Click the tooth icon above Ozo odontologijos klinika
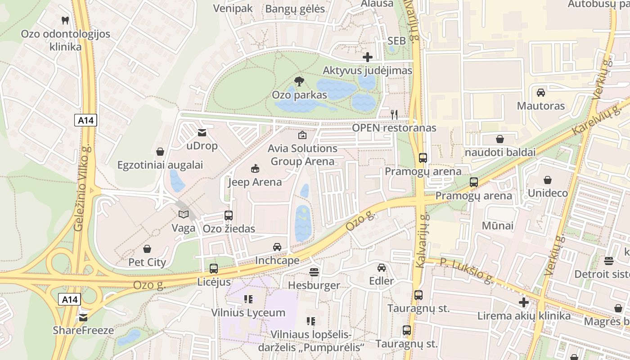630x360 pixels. coord(65,20)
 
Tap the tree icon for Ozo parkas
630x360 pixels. coord(298,81)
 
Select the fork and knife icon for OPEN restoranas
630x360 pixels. coord(394,114)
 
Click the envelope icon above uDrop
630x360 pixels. coord(202,132)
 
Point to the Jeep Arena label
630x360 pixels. coord(255,182)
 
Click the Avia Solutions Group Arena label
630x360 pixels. coord(302,155)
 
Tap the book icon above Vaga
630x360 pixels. coord(183,214)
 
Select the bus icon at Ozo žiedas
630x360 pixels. coord(229,215)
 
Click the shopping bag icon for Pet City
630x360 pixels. coord(147,248)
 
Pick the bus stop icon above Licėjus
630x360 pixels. coord(214,269)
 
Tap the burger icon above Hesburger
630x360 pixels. coord(314,272)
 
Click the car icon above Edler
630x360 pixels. coord(382,267)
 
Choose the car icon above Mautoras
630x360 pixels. coord(541,92)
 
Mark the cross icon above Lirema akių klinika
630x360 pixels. coord(524,302)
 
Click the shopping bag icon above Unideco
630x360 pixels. coord(548,180)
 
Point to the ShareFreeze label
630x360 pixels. coord(83,330)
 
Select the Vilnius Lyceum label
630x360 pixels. coord(248,313)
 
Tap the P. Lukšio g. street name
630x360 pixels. coord(466,271)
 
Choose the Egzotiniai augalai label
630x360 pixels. coord(160,165)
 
